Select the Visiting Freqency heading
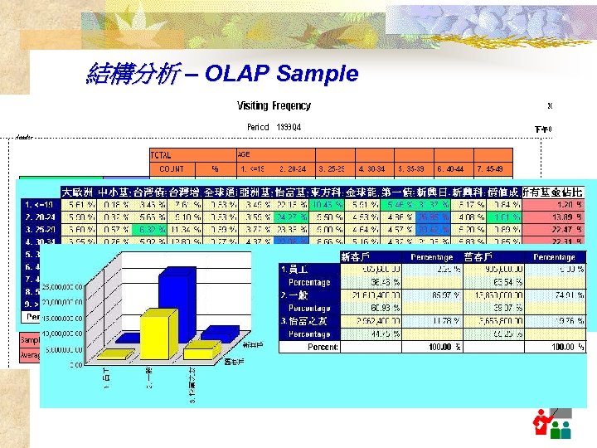274,105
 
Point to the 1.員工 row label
295,269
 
